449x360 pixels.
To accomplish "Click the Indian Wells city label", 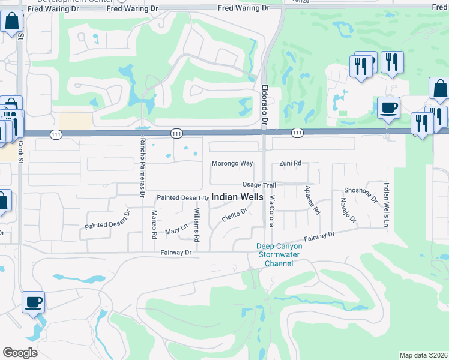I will click(x=237, y=197).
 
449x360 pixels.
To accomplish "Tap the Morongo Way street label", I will click(x=232, y=163).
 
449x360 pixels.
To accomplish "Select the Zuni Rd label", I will click(x=290, y=163).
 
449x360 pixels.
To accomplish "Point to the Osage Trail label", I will click(x=259, y=185).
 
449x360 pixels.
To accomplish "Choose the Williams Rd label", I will click(x=196, y=224).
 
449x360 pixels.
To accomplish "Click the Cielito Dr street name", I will click(x=234, y=216).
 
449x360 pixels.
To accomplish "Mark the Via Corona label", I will click(x=271, y=211).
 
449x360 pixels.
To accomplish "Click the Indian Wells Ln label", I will click(x=387, y=200).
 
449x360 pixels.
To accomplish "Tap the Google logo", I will click(x=20, y=352).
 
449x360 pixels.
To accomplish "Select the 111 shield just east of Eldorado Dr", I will click(x=297, y=132).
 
